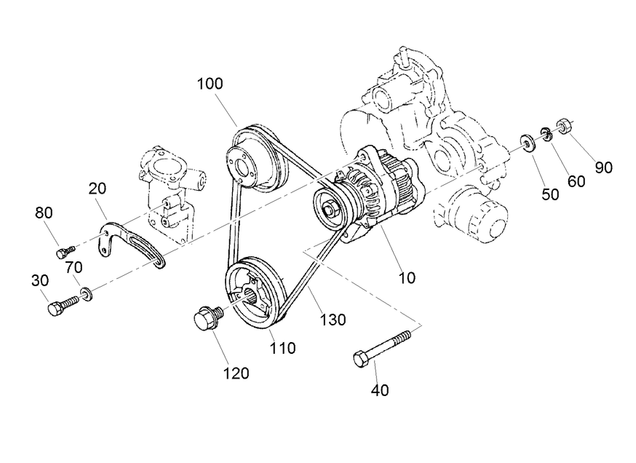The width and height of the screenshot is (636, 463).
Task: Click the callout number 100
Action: tap(210, 83)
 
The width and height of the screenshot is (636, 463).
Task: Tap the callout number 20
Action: tap(98, 189)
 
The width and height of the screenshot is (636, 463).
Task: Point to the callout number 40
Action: tap(380, 390)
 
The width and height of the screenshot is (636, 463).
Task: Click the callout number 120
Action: tap(236, 373)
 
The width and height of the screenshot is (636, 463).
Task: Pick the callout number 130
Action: tap(332, 320)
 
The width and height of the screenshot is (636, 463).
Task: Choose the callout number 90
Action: tap(603, 167)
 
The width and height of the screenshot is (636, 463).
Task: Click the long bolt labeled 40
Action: tap(382, 347)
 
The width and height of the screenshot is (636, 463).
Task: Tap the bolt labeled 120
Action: tap(206, 320)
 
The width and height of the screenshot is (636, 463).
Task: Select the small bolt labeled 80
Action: tap(64, 251)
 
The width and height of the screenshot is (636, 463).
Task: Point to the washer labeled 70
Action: tap(87, 293)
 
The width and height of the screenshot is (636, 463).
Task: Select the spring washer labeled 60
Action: tap(544, 133)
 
